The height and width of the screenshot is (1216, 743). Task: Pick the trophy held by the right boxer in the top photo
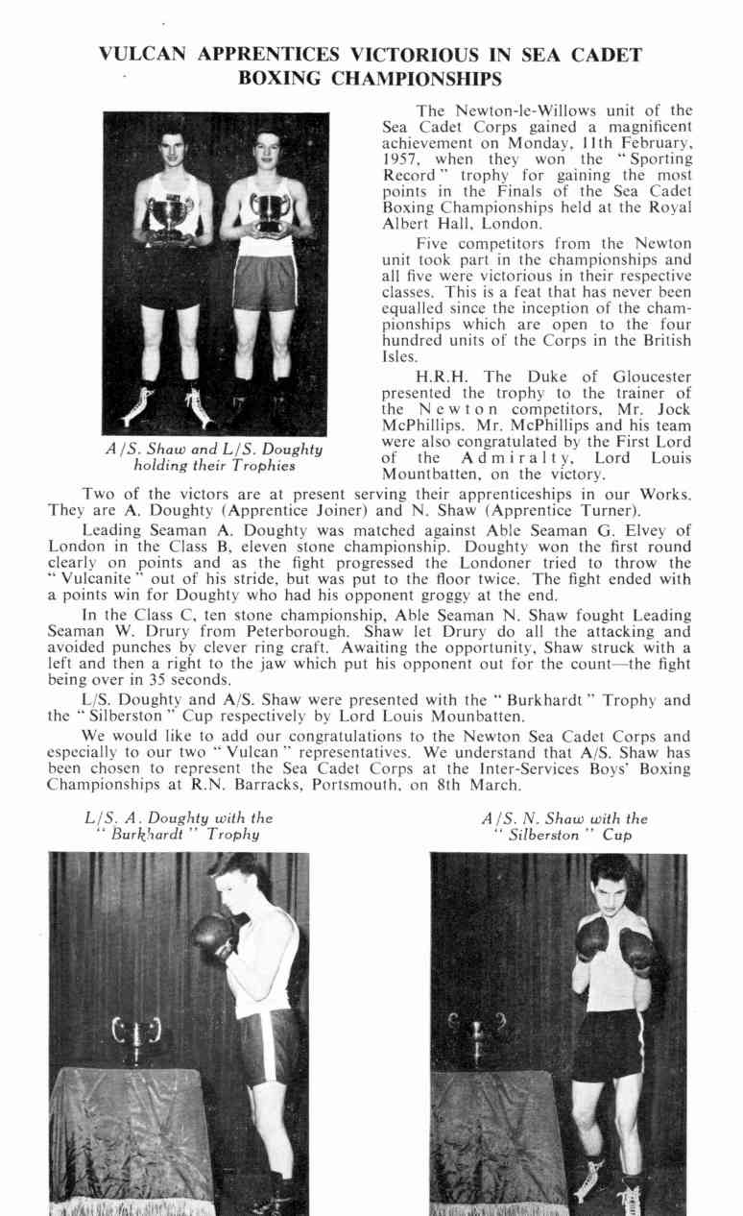click(270, 209)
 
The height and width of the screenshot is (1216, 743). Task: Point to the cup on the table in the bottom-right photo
click(474, 1039)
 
